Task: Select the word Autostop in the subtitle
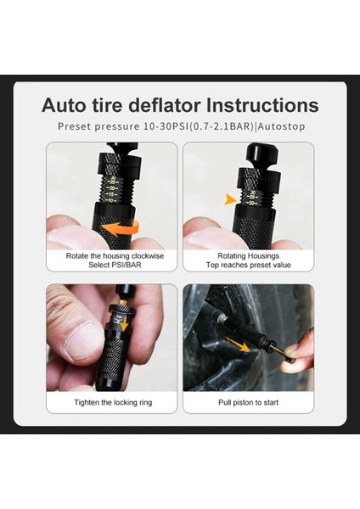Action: coord(276,126)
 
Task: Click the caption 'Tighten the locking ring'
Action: coord(112,402)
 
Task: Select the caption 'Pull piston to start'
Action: coord(248,402)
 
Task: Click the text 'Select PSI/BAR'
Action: coord(112,264)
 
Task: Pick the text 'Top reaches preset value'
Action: coord(248,264)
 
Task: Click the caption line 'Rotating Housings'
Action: coord(248,255)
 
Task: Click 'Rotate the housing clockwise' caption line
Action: coord(112,255)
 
